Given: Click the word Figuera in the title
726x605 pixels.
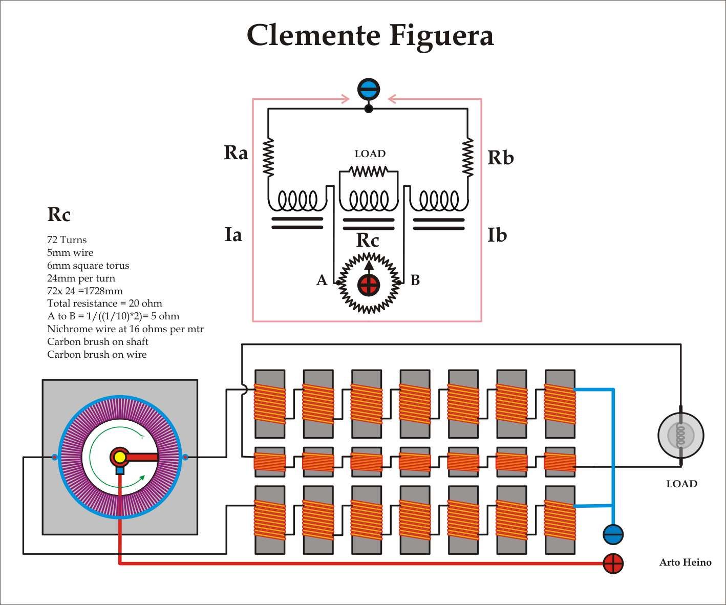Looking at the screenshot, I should point(441,35).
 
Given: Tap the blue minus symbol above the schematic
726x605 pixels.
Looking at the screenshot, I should point(368,89).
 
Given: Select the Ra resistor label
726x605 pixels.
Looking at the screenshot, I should point(236,153).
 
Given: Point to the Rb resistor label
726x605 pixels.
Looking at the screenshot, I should point(500,158).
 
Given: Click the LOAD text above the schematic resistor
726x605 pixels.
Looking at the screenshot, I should point(370,154).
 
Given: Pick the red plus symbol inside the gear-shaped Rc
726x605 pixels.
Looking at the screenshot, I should point(369,285).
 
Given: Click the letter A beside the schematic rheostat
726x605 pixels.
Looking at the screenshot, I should point(322,280).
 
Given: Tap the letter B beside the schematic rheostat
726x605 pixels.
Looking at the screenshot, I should point(415,280).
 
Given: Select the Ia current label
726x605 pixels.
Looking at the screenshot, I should point(233,235).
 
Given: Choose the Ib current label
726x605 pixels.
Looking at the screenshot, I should point(497,235).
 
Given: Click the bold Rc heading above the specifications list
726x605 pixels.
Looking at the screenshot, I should point(59,214).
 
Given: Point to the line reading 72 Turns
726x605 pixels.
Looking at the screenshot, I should point(67,240).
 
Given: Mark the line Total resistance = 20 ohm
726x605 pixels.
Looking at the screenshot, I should point(104,304).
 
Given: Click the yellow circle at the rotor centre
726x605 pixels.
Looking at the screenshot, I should point(120,457).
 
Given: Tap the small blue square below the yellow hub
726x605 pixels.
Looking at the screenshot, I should point(120,470).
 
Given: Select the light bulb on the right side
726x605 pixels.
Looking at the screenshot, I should point(680,436).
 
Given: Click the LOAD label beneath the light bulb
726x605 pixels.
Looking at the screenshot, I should point(681,484).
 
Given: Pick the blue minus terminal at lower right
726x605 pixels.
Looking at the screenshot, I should point(613,534).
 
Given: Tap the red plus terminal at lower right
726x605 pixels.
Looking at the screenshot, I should point(613,564).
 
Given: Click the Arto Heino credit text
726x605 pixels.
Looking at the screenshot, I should point(685,563).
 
